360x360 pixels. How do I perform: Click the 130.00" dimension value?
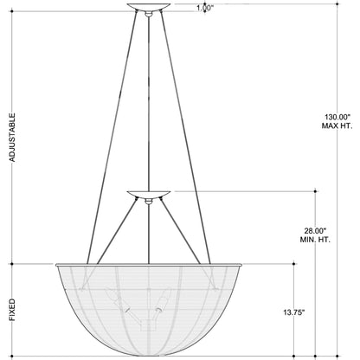[x=337, y=117]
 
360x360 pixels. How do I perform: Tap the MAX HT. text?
[x=337, y=126]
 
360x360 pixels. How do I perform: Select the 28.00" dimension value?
[x=315, y=231]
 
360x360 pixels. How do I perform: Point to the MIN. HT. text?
[x=315, y=240]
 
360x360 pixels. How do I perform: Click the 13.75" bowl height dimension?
[x=294, y=312]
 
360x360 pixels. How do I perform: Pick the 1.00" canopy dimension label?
[x=205, y=8]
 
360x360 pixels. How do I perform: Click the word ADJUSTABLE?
[x=12, y=138]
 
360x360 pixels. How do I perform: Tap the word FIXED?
[x=12, y=310]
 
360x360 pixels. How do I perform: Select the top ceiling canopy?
[x=149, y=7]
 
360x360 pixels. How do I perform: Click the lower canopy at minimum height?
[x=149, y=194]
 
